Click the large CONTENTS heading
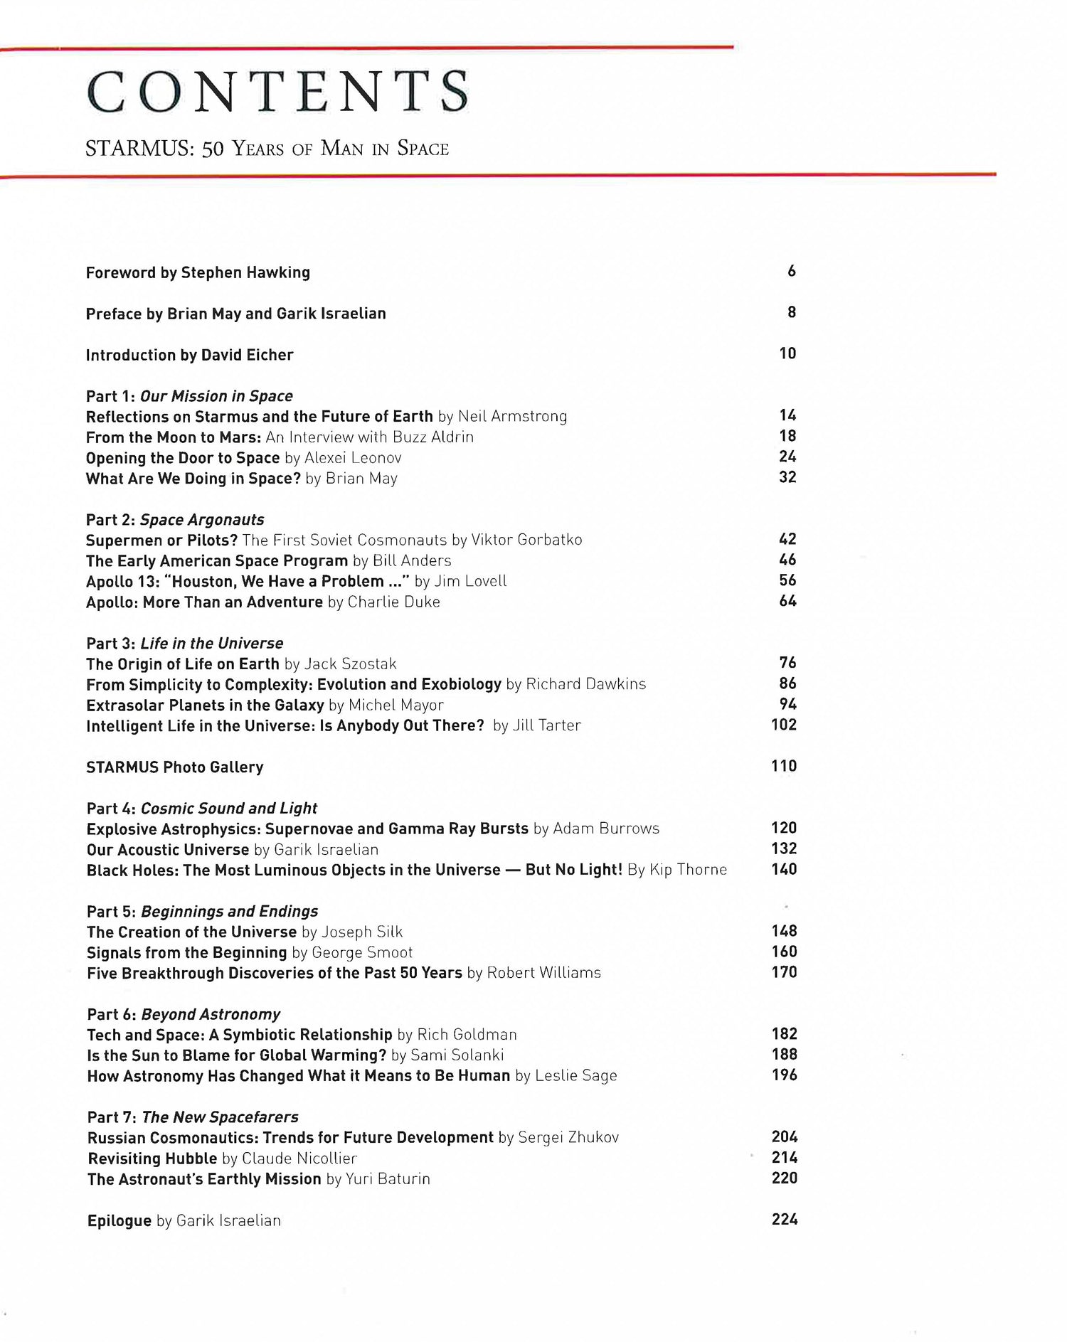(x=277, y=92)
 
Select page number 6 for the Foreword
(x=791, y=271)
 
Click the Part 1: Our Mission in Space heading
(x=189, y=396)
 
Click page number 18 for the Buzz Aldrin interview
(x=787, y=436)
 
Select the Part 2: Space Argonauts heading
(x=175, y=520)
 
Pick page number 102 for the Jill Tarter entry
(x=784, y=725)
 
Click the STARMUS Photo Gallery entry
(x=175, y=767)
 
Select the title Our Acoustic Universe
(x=168, y=850)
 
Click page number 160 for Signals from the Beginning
(x=784, y=952)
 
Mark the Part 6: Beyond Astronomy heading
(x=184, y=1014)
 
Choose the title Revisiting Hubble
(x=152, y=1159)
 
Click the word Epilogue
(x=120, y=1220)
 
